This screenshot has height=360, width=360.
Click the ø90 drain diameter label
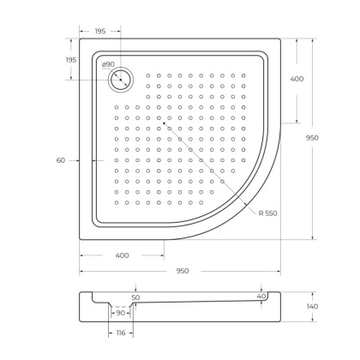(107, 64)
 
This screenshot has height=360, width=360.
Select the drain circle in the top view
(120, 80)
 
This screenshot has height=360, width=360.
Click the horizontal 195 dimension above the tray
(99, 30)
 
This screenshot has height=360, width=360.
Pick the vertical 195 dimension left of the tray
(70, 59)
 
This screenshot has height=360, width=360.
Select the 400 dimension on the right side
(297, 79)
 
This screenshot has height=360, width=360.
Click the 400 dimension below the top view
(122, 255)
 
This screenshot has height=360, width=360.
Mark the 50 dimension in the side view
(135, 297)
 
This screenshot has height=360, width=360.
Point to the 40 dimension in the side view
(261, 297)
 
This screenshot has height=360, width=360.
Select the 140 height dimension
(314, 306)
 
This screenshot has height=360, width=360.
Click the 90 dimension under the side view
(120, 313)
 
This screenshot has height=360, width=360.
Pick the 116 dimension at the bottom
(120, 332)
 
